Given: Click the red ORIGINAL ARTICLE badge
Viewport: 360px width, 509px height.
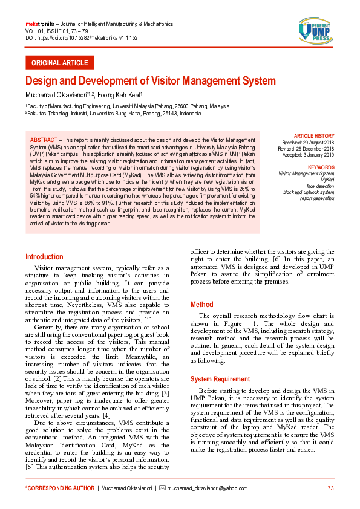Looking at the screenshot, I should coord(59,63).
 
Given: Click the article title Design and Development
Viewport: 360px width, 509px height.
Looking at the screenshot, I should coord(150,80).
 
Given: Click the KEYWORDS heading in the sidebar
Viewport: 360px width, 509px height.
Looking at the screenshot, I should coord(321,167).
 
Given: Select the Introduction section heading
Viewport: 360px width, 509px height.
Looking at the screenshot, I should coord(44,257).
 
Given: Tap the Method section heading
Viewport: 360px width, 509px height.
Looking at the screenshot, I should coord(201,305).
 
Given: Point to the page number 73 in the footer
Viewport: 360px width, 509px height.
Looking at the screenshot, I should coord(330,488).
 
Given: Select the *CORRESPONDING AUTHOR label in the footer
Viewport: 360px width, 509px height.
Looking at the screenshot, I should coord(60,488).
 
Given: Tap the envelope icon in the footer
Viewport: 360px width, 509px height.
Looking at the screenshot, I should coord(162,488).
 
